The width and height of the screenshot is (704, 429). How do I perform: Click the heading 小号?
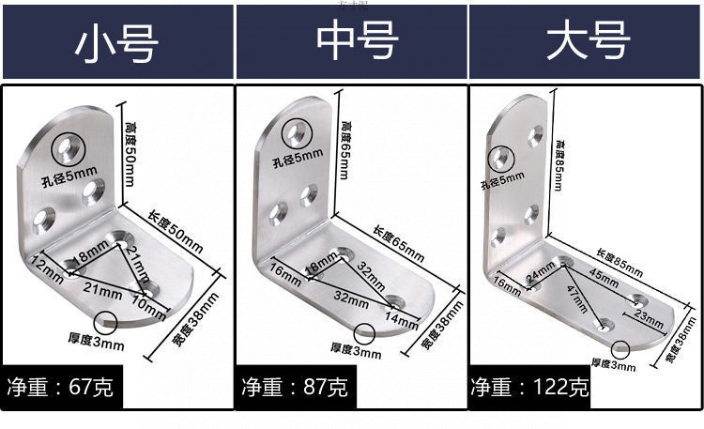116,43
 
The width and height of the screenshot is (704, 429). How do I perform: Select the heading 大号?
586,42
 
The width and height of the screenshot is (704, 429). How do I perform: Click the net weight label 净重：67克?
61,386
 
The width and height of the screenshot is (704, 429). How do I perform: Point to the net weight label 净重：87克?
295,386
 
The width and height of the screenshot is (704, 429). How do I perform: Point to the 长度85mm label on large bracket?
620,263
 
